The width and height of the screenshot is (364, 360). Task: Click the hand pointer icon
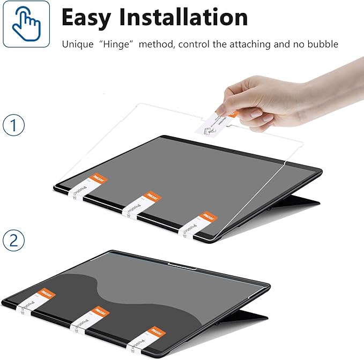(x=26, y=24)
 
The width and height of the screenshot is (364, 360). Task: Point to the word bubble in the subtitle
(x=323, y=44)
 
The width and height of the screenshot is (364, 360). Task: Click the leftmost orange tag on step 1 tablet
(x=99, y=179)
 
